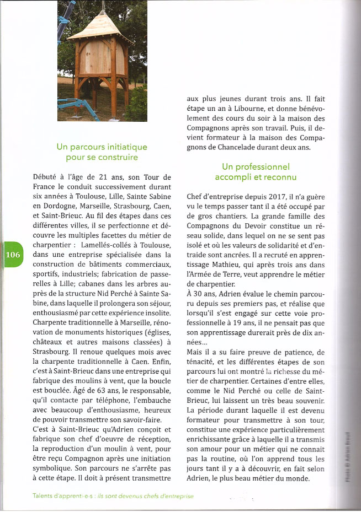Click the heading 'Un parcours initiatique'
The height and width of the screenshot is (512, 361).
[102, 147]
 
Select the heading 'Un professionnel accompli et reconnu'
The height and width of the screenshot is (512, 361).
[256, 171]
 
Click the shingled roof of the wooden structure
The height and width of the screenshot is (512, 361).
[99, 27]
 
